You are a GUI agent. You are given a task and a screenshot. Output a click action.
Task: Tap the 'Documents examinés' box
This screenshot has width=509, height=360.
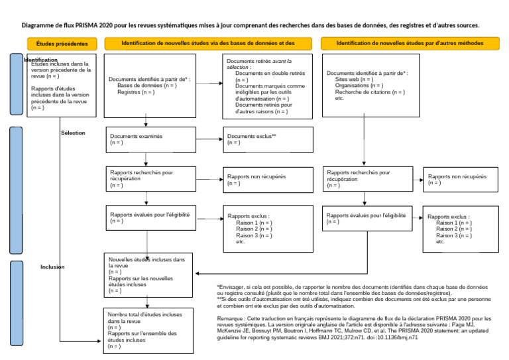pos(150,139)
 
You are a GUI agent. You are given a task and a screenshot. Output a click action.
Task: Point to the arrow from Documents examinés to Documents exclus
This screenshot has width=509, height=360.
pos(209,139)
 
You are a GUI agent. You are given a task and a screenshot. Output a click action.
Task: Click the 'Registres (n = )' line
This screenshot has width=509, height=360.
pos(136,92)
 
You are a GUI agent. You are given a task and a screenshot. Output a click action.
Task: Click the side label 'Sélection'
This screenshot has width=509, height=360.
pos(73,133)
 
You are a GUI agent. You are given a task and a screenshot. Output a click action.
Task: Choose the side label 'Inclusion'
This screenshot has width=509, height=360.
pos(52,267)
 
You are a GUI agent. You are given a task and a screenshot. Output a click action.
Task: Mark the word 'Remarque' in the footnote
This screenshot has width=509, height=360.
pos(229,319)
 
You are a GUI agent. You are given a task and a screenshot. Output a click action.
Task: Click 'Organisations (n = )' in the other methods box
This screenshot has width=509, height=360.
pos(359,86)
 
